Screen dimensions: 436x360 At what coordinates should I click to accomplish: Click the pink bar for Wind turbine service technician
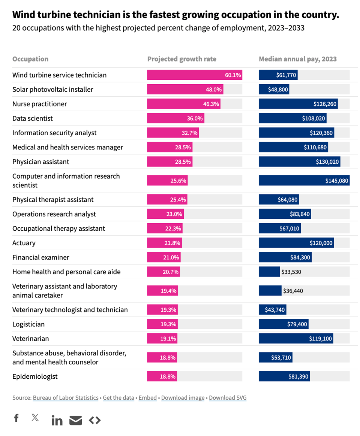pos(194,75)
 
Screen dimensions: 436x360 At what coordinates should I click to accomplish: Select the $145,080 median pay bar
pos(304,181)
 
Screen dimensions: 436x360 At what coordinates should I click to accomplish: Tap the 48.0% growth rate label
pos(213,90)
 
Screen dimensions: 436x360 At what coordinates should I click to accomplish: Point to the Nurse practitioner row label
pos(39,104)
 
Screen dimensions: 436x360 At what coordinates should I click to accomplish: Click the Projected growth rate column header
pos(181,59)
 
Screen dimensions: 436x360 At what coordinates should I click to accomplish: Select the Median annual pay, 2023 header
pos(298,59)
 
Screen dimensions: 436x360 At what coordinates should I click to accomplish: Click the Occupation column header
pos(30,59)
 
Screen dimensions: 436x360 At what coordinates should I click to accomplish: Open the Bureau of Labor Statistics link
pos(66,398)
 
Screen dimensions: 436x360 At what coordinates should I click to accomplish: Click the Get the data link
pos(118,398)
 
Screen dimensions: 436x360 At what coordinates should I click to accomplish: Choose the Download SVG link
pos(228,398)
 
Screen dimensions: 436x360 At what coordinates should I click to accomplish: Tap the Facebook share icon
pos(16,418)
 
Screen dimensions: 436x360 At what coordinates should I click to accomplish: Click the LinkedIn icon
pos(57,420)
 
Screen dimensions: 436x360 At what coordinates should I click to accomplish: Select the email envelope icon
pos(76,420)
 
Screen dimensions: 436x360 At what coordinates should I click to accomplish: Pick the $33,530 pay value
pos(291,272)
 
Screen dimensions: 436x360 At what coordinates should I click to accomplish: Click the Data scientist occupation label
pos(33,118)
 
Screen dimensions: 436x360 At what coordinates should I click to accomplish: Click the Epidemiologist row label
pos(35,376)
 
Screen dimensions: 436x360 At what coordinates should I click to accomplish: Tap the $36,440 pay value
pos(293,291)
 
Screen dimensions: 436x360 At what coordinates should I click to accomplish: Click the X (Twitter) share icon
pos(35,418)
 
